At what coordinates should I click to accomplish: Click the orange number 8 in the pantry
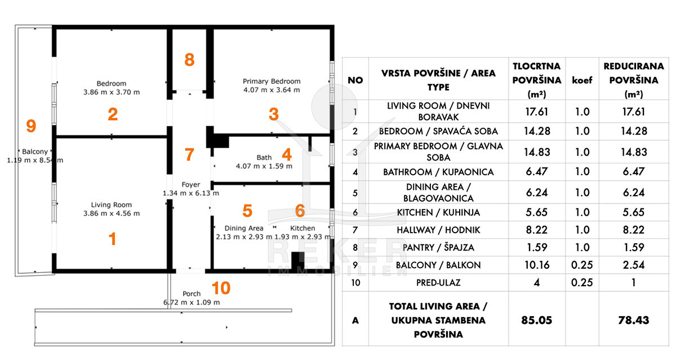click(x=190, y=59)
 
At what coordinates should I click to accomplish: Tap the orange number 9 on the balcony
click(x=32, y=126)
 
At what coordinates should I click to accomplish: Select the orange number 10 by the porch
click(x=221, y=288)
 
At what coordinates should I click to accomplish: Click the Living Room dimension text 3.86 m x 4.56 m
click(x=112, y=214)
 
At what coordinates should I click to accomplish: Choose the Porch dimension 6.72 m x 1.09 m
click(x=192, y=302)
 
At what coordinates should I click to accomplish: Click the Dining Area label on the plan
click(x=244, y=228)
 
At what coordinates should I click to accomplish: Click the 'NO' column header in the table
click(x=355, y=80)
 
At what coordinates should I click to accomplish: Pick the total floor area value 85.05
click(x=536, y=319)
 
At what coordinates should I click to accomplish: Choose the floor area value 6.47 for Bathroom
click(x=536, y=172)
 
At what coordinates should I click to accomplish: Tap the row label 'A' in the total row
click(x=355, y=319)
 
